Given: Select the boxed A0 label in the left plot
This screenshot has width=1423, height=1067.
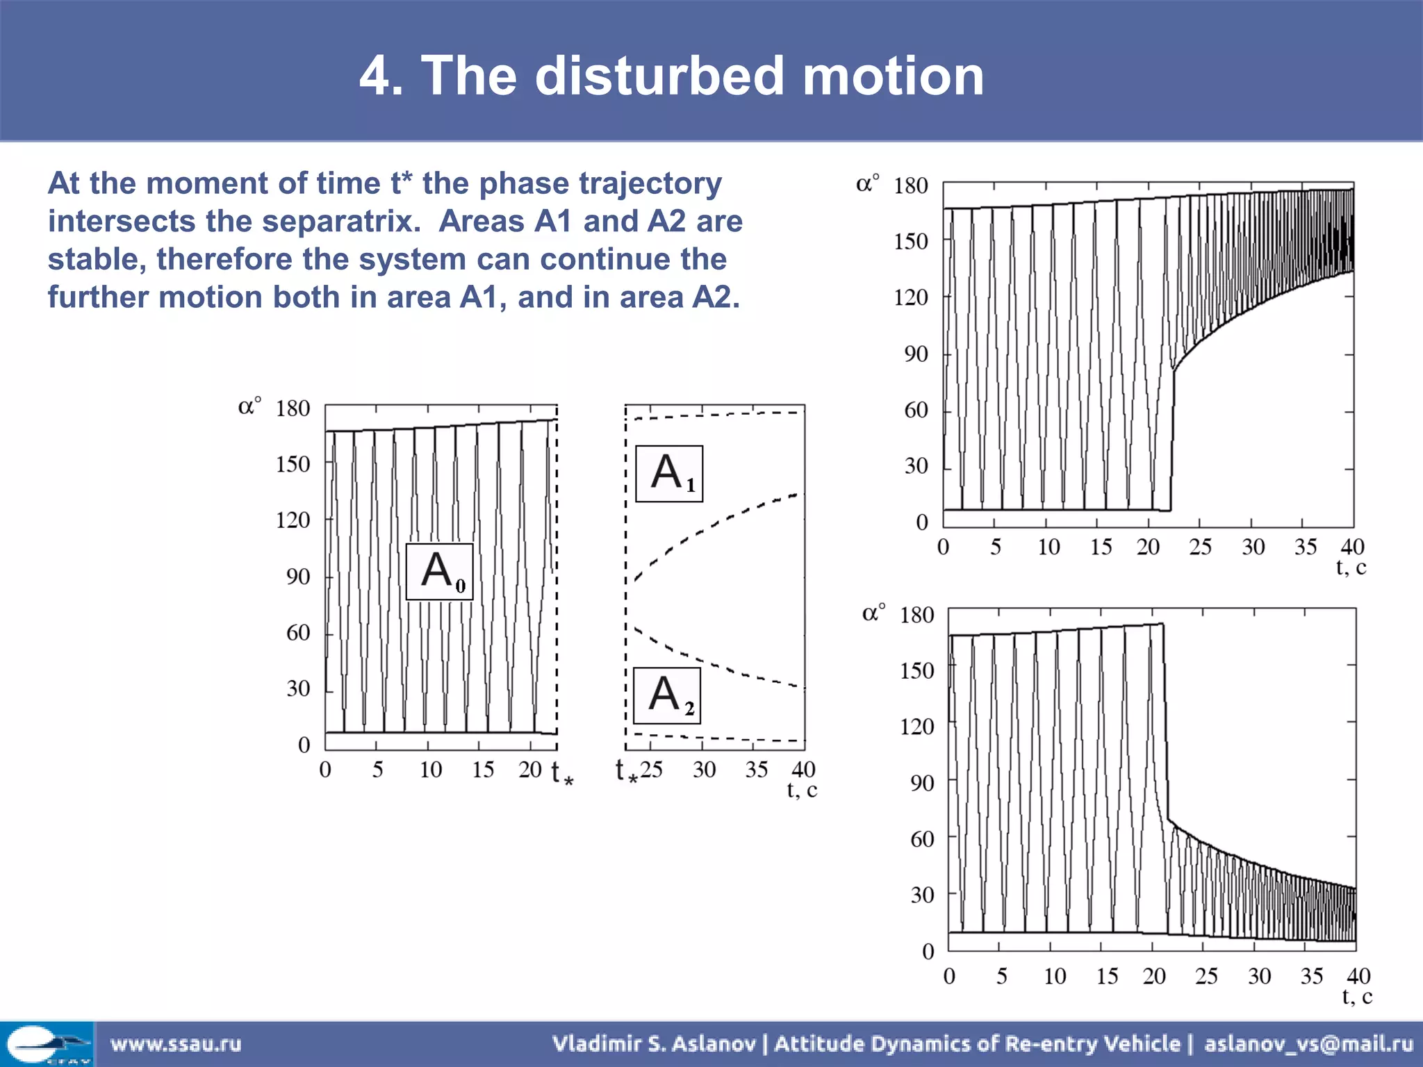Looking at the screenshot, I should (x=440, y=572).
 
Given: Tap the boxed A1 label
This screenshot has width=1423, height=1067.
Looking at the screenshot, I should (x=669, y=474).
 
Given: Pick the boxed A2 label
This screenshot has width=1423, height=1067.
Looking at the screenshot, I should (x=667, y=696).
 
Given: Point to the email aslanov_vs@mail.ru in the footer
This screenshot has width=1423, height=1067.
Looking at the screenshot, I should (x=1308, y=1043).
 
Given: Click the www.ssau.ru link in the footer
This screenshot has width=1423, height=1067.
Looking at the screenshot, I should (x=176, y=1043).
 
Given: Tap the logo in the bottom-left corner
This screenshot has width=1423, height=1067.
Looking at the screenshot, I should (x=47, y=1043).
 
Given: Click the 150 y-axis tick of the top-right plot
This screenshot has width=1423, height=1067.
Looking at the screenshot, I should (x=910, y=242).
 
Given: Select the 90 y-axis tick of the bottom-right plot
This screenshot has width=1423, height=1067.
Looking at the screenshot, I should (x=922, y=783).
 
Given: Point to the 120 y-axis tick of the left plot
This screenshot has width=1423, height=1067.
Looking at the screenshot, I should (x=293, y=520).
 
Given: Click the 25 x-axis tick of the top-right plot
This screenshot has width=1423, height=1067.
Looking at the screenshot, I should (x=1200, y=547).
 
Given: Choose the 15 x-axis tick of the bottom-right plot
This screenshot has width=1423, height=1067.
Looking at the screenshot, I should (x=1107, y=977).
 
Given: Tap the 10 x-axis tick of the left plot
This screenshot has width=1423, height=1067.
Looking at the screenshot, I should (x=430, y=770).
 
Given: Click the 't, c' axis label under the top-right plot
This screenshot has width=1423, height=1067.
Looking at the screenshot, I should (x=1351, y=568).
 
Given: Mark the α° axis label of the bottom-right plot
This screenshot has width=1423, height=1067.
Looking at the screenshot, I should (x=873, y=613).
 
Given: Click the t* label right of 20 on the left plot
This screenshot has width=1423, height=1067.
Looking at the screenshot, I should (x=562, y=772).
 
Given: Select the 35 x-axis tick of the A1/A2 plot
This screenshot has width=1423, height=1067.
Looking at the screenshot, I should (x=756, y=770).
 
